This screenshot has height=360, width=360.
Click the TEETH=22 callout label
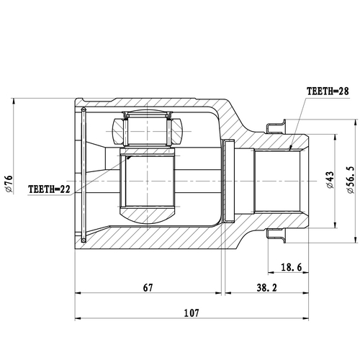[x=50, y=189]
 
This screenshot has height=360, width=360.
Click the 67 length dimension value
[x=149, y=287]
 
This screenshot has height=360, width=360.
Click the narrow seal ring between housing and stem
[x=230, y=180]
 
